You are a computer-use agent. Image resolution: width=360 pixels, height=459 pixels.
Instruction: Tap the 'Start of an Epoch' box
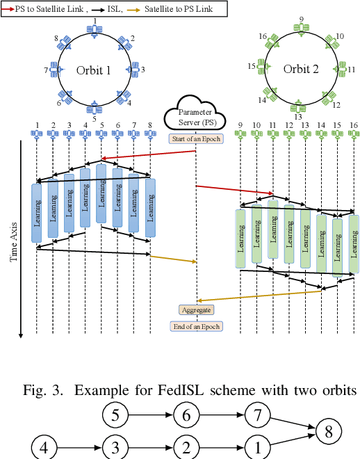[195, 138]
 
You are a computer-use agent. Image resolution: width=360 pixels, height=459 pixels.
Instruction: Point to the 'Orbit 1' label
[93, 70]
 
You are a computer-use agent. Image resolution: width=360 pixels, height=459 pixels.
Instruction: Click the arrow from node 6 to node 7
[220, 416]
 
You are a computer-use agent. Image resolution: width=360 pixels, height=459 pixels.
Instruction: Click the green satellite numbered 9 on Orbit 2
[302, 28]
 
